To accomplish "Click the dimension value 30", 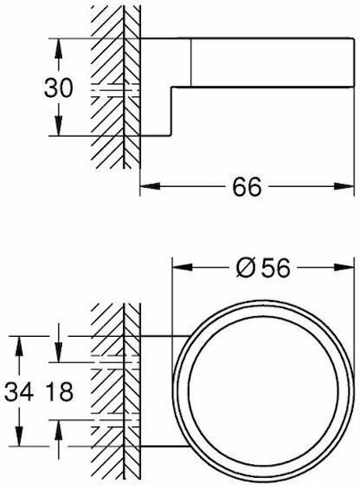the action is [x=58, y=88].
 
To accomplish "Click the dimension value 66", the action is [x=247, y=187].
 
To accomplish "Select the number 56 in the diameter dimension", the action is [x=276, y=268].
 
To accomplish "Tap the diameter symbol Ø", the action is [x=246, y=268].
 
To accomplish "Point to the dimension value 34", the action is [x=19, y=392].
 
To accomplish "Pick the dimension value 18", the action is [x=59, y=392].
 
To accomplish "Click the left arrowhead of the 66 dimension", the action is [x=150, y=187].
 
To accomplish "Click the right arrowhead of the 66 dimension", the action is [x=344, y=187].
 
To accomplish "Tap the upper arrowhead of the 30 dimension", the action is [x=58, y=48].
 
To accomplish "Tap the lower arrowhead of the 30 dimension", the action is [x=58, y=126].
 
